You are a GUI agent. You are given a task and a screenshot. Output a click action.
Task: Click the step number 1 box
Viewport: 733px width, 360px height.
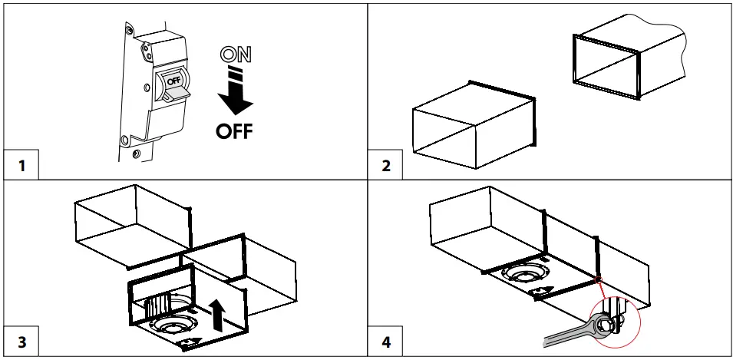click(21, 165)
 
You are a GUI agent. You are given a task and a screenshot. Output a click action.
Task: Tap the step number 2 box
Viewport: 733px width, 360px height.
click(386, 165)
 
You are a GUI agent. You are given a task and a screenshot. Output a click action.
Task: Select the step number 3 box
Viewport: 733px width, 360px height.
click(21, 342)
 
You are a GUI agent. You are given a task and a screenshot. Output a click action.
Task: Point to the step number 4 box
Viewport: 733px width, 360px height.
click(386, 342)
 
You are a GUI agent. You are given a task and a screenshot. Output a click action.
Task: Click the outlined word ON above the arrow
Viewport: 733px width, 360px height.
click(234, 54)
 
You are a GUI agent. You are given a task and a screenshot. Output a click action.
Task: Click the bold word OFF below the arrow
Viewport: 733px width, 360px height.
click(234, 131)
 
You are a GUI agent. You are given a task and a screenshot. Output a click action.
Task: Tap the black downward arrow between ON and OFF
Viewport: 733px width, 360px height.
click(234, 92)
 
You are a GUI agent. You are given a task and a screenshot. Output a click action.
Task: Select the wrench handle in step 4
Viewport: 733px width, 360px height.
click(564, 335)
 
